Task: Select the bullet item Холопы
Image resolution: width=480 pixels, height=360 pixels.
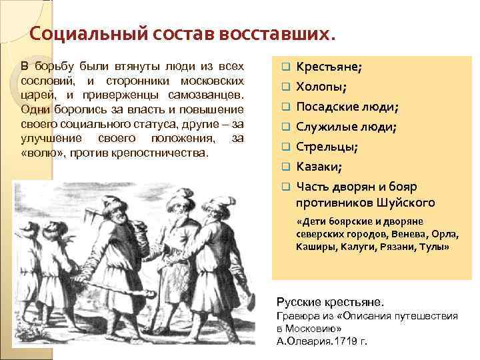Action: click(321, 87)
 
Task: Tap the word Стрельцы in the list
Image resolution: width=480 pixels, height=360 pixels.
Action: click(326, 147)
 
